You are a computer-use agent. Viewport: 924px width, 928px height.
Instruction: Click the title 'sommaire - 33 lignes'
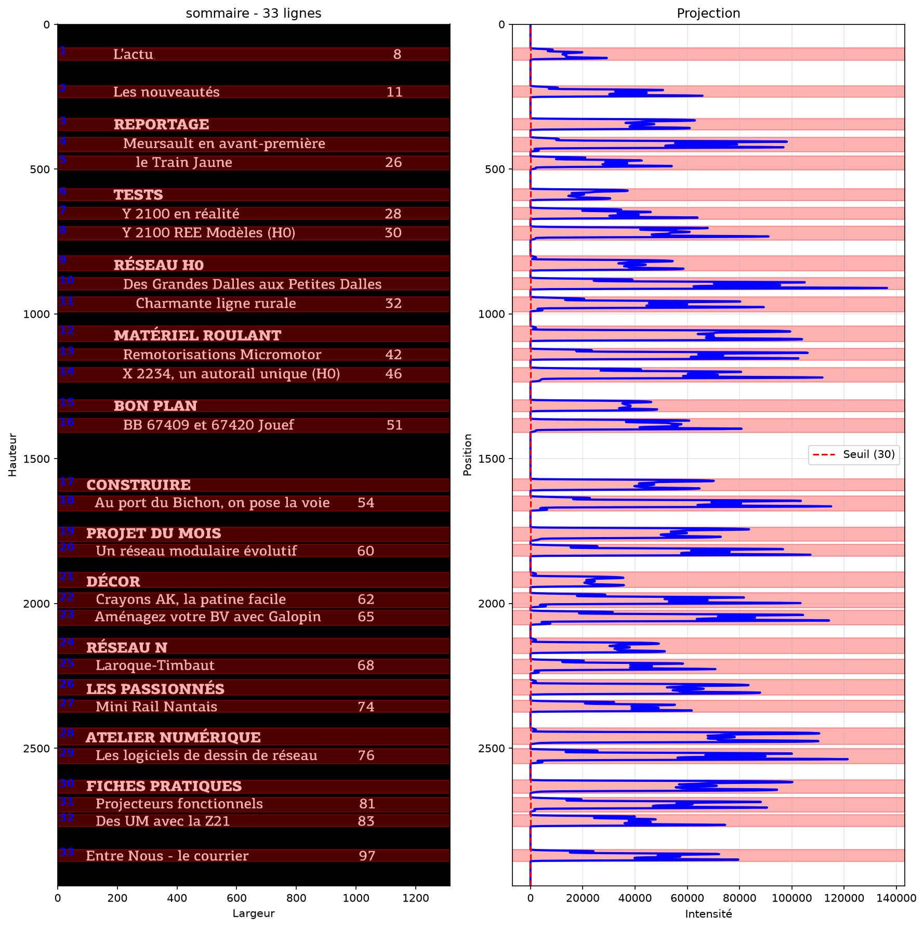(254, 13)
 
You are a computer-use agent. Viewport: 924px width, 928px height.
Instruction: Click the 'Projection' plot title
(708, 13)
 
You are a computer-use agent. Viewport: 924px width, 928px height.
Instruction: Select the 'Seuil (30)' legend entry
(854, 454)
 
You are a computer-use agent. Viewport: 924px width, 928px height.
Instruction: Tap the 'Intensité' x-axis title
(708, 913)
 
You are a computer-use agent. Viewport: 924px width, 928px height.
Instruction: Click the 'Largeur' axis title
(254, 913)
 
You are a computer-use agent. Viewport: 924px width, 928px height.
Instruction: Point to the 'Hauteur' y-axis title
(12, 455)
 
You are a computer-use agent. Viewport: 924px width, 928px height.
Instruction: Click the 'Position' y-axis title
(467, 455)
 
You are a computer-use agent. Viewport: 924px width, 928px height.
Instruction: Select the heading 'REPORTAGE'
(161, 124)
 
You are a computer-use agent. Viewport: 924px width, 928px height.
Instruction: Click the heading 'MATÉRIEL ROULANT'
(197, 335)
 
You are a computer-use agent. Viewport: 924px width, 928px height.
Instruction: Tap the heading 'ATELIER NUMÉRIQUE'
(173, 737)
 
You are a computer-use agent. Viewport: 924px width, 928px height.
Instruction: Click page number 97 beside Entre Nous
(367, 856)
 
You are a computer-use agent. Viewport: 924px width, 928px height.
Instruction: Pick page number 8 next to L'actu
(397, 54)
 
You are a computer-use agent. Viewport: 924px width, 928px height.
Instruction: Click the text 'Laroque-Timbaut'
(155, 665)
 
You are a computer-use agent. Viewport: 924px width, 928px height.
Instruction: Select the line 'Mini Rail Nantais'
(156, 707)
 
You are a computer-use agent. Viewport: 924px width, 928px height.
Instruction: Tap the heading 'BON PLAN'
(155, 406)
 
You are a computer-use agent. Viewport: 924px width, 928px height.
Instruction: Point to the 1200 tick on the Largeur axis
(416, 898)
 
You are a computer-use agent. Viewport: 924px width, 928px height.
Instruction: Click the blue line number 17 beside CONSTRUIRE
(67, 481)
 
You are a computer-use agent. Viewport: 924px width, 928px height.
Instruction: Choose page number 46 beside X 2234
(393, 374)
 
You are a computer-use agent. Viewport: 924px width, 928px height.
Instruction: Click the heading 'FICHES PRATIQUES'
(164, 786)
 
